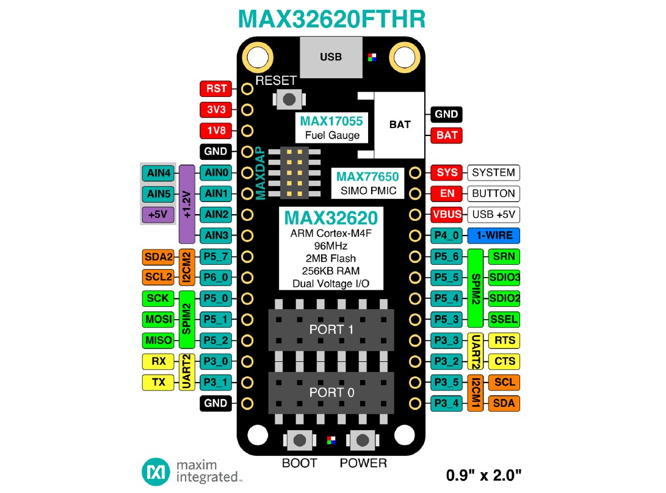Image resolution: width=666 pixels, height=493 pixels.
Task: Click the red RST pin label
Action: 217,89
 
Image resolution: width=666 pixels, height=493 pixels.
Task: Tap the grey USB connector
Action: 331,57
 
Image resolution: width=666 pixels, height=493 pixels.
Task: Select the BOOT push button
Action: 299,440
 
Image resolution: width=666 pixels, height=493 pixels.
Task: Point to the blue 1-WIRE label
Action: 494,236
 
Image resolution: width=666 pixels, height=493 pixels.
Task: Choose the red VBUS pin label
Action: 447,215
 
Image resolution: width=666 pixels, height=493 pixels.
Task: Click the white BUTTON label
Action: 493,194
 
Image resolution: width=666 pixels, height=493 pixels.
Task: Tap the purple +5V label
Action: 158,215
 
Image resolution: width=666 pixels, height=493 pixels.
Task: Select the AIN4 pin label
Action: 158,173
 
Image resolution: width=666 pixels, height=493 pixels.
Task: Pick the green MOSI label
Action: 158,319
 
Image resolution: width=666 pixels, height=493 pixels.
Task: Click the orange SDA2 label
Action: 158,257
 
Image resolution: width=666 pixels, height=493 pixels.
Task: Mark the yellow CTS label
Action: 505,361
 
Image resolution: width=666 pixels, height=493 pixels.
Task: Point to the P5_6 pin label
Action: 447,257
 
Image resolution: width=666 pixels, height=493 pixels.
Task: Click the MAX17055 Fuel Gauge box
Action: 331,128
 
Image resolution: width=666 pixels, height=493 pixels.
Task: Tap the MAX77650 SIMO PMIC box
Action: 367,183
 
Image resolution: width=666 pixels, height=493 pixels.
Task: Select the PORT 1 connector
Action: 331,329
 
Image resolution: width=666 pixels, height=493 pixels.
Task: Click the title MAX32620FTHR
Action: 331,19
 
